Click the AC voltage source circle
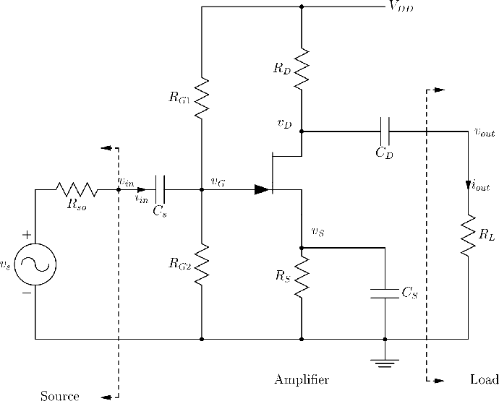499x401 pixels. [35, 264]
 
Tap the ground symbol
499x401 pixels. [385, 363]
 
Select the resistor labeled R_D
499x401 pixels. [302, 69]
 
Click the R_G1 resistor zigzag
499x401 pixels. [202, 98]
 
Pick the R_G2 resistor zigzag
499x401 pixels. [202, 264]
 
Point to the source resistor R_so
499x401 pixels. [77, 189]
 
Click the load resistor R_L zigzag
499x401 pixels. [468, 236]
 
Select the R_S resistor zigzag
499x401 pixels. [302, 277]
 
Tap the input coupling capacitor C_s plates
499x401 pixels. [160, 189]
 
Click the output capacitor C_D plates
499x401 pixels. [385, 131]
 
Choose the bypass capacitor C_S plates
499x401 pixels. [385, 293]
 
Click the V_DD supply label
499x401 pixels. [401, 7]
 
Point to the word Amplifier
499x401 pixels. [302, 379]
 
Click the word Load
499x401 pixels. [485, 379]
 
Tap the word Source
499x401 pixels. [60, 396]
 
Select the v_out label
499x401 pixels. [485, 132]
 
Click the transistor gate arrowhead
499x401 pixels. [262, 189]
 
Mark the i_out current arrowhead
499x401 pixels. [468, 186]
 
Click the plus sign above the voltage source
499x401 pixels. [27, 235]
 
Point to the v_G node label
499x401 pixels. [218, 181]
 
